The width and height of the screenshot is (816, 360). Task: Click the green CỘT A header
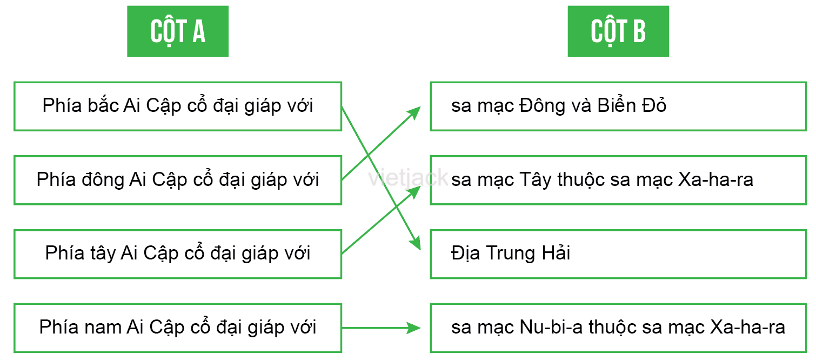click(178, 31)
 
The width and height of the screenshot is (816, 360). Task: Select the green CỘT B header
click(618, 31)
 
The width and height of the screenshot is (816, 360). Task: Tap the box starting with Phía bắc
click(178, 106)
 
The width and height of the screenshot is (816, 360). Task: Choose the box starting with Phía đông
click(178, 180)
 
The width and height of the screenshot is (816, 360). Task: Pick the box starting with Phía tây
click(178, 254)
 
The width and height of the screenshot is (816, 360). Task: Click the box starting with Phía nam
click(178, 328)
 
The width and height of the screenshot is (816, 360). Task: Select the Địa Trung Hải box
click(618, 254)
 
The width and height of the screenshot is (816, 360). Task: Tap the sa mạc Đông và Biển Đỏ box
click(618, 106)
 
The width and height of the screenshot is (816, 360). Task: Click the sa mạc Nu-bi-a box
click(618, 328)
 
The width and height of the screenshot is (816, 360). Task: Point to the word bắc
click(103, 105)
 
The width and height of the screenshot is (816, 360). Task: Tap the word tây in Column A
click(103, 254)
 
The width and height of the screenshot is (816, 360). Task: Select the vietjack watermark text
click(408, 177)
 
